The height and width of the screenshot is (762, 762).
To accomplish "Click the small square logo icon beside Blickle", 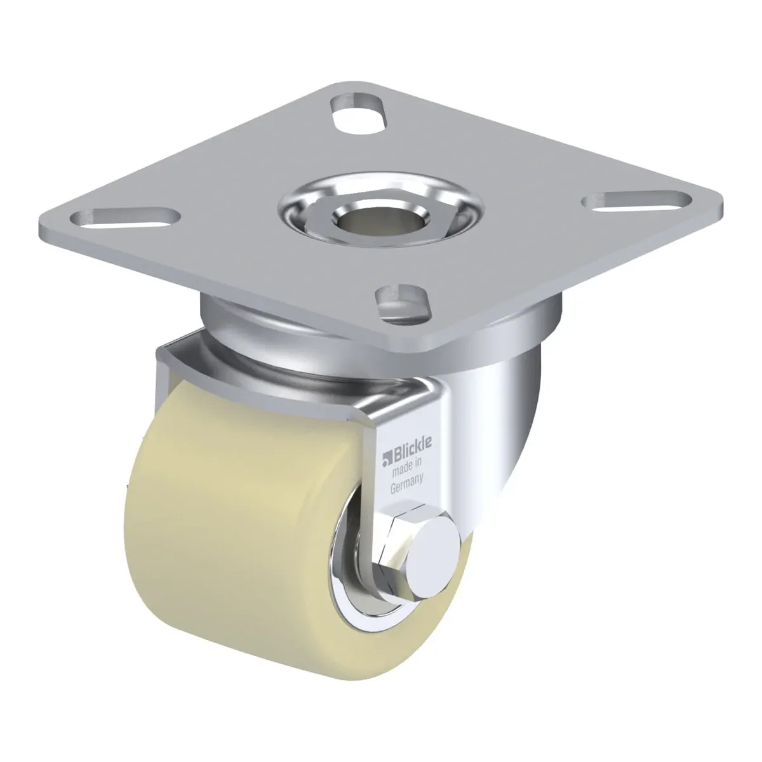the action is click(x=386, y=460).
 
